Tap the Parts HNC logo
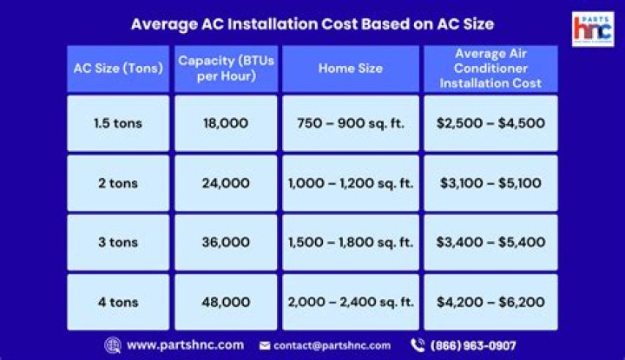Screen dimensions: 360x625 coord(594,29)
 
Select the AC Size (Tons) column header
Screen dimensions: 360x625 coord(118,69)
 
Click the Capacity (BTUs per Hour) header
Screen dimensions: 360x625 coord(226,69)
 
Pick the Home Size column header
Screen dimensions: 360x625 coord(350,69)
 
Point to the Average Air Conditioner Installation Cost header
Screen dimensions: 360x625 coord(490,69)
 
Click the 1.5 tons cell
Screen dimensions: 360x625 coord(118,123)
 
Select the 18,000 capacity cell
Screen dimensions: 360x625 coord(226,123)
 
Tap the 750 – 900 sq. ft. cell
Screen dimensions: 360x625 coord(350,123)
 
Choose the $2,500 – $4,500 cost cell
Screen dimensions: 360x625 coord(490,123)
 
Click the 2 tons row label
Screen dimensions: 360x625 coord(118,183)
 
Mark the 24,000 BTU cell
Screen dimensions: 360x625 coord(226,183)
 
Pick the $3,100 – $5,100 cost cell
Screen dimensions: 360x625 coord(490,183)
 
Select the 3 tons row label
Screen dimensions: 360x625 coord(118,242)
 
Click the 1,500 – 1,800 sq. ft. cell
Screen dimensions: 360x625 coord(350,242)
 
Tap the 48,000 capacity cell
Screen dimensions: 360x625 coord(226,302)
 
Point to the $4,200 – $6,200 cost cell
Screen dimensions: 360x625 coord(490,302)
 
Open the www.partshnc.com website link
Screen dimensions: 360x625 coord(184,344)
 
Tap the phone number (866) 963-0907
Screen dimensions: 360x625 coord(473,344)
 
